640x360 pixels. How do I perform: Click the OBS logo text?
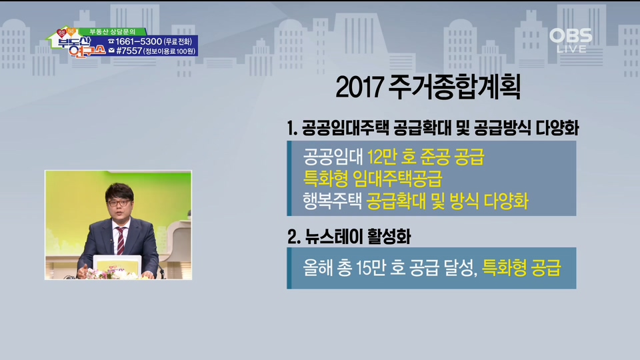click(x=571, y=35)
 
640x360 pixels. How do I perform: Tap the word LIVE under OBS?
click(x=571, y=49)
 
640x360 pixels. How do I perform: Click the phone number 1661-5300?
click(x=139, y=41)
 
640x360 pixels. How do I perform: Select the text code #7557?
click(x=129, y=51)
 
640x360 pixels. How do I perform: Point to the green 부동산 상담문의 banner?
click(x=112, y=31)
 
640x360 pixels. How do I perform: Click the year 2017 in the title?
click(x=359, y=87)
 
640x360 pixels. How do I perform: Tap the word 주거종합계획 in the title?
click(x=454, y=87)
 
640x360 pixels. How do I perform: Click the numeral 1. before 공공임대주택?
click(x=292, y=129)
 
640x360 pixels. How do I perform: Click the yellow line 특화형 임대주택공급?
click(x=373, y=179)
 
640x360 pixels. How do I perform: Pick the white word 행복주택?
click(x=332, y=201)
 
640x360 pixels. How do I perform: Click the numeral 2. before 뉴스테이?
click(x=293, y=237)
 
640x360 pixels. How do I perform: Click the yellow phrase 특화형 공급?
click(x=521, y=268)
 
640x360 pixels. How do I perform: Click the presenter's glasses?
click(x=119, y=203)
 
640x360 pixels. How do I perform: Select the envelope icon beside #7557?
click(x=111, y=51)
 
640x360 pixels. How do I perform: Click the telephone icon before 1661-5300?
click(x=111, y=41)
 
